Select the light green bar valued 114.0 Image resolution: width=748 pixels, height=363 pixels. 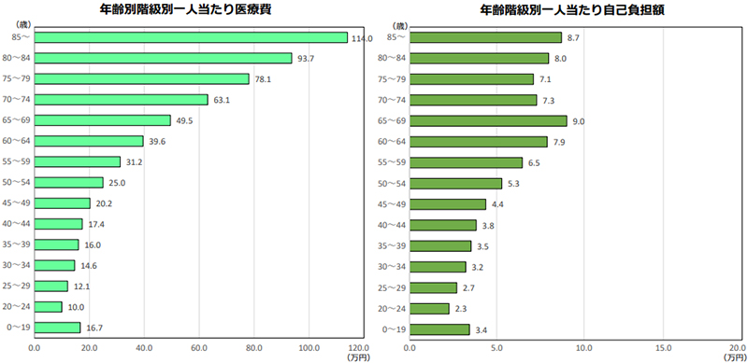click(x=191, y=37)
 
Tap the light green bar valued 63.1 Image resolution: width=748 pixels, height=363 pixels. click(x=121, y=99)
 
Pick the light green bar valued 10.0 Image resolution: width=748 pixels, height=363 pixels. click(x=48, y=306)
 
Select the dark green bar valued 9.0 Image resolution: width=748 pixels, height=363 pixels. click(x=488, y=120)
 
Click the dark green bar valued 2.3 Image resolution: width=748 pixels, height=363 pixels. click(x=429, y=307)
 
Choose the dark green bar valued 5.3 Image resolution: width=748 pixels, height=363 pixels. click(x=455, y=183)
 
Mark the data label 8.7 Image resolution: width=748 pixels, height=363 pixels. click(x=577, y=37)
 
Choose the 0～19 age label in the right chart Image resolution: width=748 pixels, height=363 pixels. click(x=393, y=328)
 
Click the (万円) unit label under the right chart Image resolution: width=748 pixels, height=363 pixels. click(x=734, y=356)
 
